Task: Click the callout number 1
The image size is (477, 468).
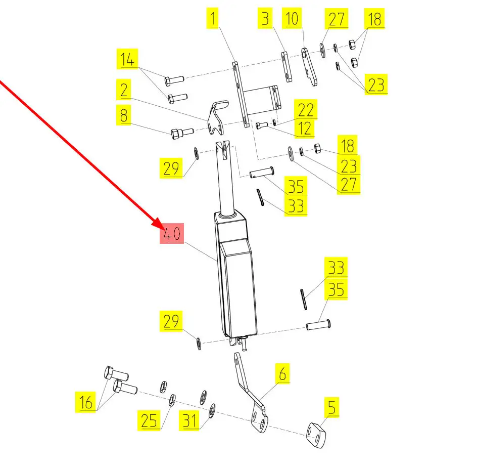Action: tap(213, 19)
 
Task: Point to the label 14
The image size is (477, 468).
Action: tap(127, 60)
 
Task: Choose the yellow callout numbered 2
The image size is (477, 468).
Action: tap(123, 91)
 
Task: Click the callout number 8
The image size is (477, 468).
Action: tap(123, 116)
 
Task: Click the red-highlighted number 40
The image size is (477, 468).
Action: tap(171, 234)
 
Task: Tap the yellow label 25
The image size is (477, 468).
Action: tap(150, 420)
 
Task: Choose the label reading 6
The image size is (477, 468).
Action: tap(282, 374)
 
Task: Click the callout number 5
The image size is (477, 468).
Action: tap(331, 407)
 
